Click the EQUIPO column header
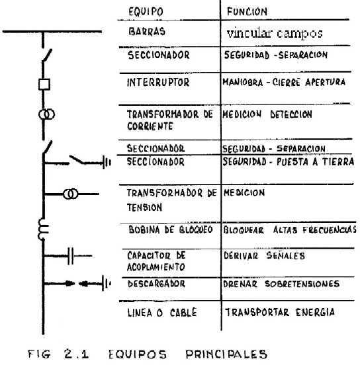tap(146, 12)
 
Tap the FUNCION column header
tap(247, 12)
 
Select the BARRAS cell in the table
tap(147, 32)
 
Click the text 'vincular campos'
tap(275, 34)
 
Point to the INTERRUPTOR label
tap(158, 83)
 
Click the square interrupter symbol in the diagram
tap(44, 84)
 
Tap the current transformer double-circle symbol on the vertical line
tap(46, 114)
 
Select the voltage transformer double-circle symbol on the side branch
tap(70, 194)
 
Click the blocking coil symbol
tap(42, 229)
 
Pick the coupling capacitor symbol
tap(71, 256)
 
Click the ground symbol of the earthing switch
tap(107, 162)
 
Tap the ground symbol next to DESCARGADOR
tap(106, 283)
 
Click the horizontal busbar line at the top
tap(52, 32)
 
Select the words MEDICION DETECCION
tap(267, 114)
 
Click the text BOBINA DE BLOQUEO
tap(171, 229)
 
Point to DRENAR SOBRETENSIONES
tap(281, 284)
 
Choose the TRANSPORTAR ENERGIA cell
tap(280, 312)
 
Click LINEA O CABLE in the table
tap(162, 312)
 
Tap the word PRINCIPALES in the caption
tap(226, 354)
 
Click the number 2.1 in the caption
tap(76, 354)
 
